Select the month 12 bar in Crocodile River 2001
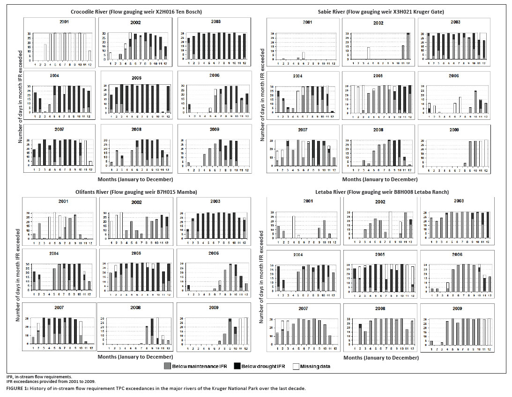(x=89, y=56)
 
